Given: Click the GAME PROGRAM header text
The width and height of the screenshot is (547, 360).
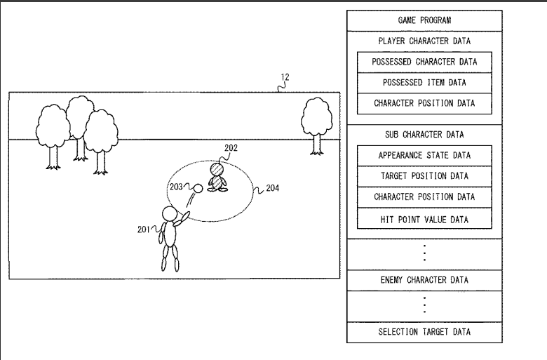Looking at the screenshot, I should click(x=424, y=20).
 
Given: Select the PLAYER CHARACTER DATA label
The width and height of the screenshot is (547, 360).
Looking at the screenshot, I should click(x=424, y=41).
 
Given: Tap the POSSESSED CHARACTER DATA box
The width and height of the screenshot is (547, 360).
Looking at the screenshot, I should click(x=424, y=62).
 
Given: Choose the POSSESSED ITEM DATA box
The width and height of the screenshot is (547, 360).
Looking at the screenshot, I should click(x=424, y=83).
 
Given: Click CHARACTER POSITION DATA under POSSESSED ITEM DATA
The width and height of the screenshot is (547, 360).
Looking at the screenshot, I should click(x=424, y=103).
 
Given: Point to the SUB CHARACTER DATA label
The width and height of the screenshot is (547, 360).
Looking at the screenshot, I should click(x=424, y=134).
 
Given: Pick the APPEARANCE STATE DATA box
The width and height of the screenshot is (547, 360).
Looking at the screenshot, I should click(x=424, y=155).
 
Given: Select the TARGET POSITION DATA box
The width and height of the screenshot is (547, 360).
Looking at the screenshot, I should click(x=424, y=175).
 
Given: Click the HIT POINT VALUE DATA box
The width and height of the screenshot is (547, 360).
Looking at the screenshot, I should click(x=424, y=220).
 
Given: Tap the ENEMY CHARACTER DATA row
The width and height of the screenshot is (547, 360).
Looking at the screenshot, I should click(x=424, y=280).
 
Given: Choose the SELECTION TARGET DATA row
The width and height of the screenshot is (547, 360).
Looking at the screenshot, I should click(x=424, y=331).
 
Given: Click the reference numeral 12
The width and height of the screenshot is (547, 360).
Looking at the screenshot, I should click(x=285, y=77).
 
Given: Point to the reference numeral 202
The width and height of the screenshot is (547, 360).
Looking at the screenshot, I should click(x=231, y=148).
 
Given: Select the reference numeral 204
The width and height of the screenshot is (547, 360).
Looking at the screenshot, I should click(x=273, y=188).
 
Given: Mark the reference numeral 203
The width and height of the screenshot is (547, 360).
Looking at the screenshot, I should click(x=176, y=187).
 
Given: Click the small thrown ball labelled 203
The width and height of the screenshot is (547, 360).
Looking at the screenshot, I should click(x=198, y=188).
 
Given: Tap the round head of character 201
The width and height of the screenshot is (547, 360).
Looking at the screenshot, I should click(x=170, y=214).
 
